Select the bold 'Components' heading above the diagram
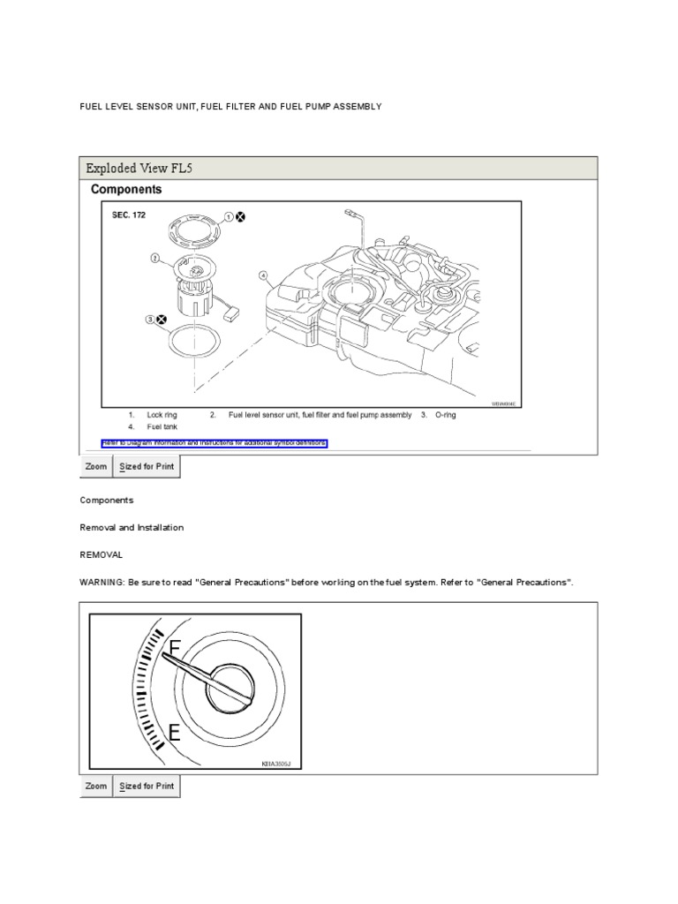click(126, 190)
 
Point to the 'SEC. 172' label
click(128, 215)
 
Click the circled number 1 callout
click(228, 216)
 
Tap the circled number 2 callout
click(154, 260)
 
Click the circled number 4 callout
click(262, 275)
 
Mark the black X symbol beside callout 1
click(241, 217)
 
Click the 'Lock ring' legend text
click(162, 415)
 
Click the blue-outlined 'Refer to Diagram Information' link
click(215, 442)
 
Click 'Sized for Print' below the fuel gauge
click(147, 787)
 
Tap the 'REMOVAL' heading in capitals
click(102, 555)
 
